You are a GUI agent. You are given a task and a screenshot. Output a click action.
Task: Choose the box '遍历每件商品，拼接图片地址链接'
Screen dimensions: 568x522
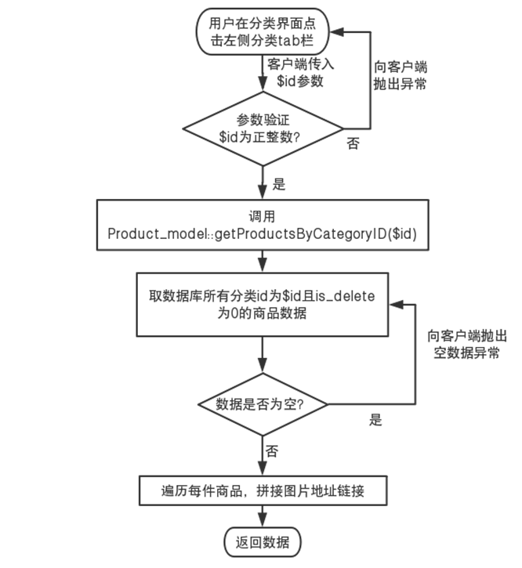(x=263, y=491)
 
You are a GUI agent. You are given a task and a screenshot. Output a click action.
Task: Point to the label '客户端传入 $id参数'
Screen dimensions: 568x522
(x=299, y=73)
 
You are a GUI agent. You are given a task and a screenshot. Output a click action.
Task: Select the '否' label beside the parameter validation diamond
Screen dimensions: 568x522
(x=353, y=143)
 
